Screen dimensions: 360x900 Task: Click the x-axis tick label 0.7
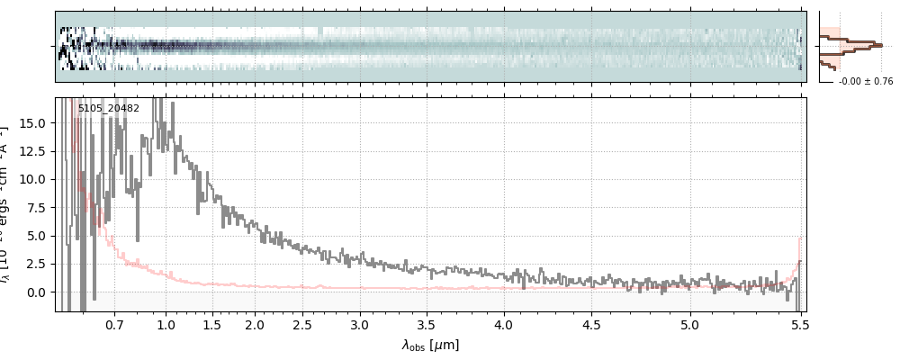pos(114,324)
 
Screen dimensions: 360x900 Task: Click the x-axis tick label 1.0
pos(166,324)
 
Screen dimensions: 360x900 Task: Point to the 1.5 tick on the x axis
pos(211,324)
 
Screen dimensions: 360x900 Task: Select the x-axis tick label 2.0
pos(255,324)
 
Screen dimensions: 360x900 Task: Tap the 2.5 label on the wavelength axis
pos(302,324)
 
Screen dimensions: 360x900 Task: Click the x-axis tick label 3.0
pos(360,324)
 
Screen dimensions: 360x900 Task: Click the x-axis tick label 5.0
pos(689,324)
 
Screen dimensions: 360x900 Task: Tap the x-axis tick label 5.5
pos(798,324)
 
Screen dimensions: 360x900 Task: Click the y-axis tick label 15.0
pos(33,122)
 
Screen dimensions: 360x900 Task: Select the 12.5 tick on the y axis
pos(33,150)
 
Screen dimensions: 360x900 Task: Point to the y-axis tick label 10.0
pos(33,179)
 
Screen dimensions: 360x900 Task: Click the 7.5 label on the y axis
pos(37,207)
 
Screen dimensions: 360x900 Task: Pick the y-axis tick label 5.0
pos(37,236)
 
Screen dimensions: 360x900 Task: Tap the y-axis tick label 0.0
pos(37,292)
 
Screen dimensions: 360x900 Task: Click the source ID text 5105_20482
pos(108,109)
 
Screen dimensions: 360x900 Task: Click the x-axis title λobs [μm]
pos(430,345)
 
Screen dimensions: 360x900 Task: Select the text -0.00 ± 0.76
pos(865,82)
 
